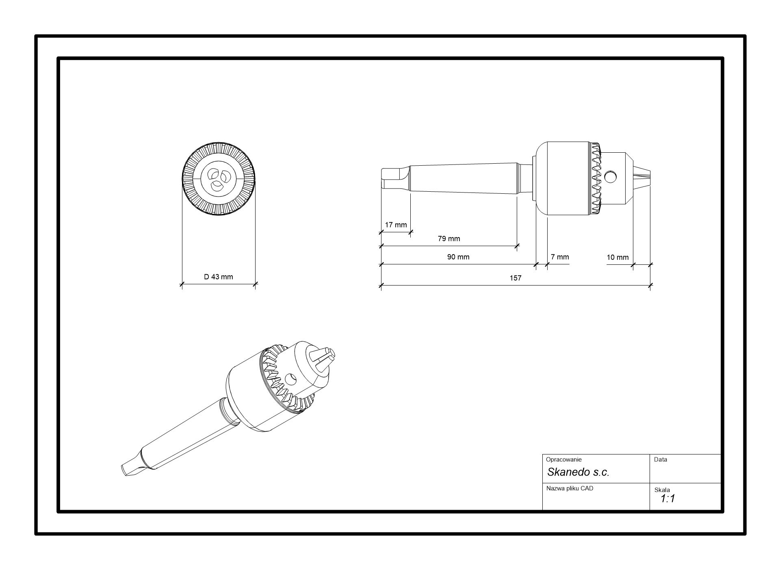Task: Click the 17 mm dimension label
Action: tap(396, 225)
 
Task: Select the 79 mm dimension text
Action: tap(449, 239)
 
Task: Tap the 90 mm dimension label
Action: tap(458, 257)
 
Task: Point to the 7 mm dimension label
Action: tap(560, 257)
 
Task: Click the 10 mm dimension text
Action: tap(617, 257)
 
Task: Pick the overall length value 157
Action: tap(516, 278)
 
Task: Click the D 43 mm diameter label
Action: tap(219, 277)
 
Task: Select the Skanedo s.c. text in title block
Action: tap(578, 472)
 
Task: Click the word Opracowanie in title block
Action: tap(563, 460)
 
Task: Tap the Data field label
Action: tap(661, 460)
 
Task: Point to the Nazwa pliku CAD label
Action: tap(570, 489)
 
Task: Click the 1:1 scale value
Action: tap(667, 499)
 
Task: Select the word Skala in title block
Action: tap(662, 490)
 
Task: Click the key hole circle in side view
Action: tap(610, 177)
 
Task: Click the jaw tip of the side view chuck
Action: tap(646, 178)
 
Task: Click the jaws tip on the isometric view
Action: tap(328, 355)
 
